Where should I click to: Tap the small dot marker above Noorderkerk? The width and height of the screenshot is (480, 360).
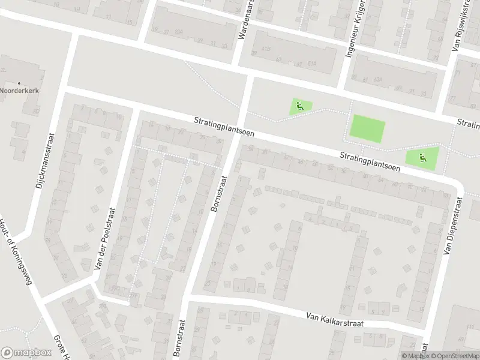point(19,83)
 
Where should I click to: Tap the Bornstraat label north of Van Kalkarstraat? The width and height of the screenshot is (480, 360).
point(219,193)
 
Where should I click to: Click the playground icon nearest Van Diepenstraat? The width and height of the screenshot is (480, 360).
point(422,158)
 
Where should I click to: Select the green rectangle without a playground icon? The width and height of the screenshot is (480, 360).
point(367,129)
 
